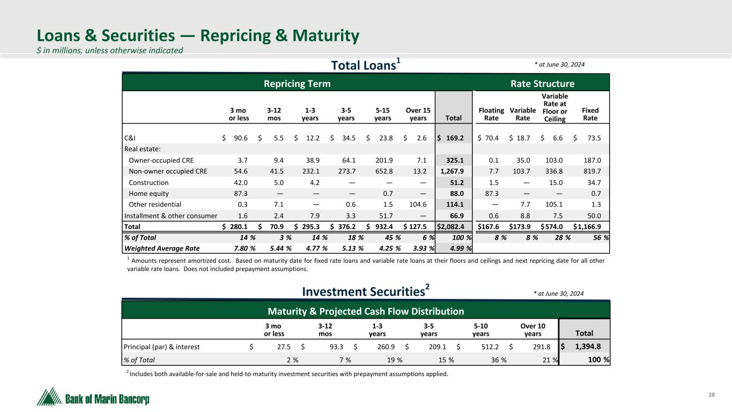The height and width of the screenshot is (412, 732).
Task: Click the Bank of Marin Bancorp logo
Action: coord(93,398)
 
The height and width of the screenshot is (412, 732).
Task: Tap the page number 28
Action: coord(712,395)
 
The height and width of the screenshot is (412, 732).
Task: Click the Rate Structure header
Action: coord(542,84)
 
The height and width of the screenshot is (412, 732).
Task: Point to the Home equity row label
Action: coord(149,194)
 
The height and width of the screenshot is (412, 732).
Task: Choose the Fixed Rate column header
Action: coord(590,114)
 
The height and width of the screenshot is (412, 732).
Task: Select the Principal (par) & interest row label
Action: coord(161,347)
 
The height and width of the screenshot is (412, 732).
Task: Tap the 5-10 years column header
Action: coord(480,329)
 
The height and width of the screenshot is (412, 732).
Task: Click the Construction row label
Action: coord(149,182)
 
